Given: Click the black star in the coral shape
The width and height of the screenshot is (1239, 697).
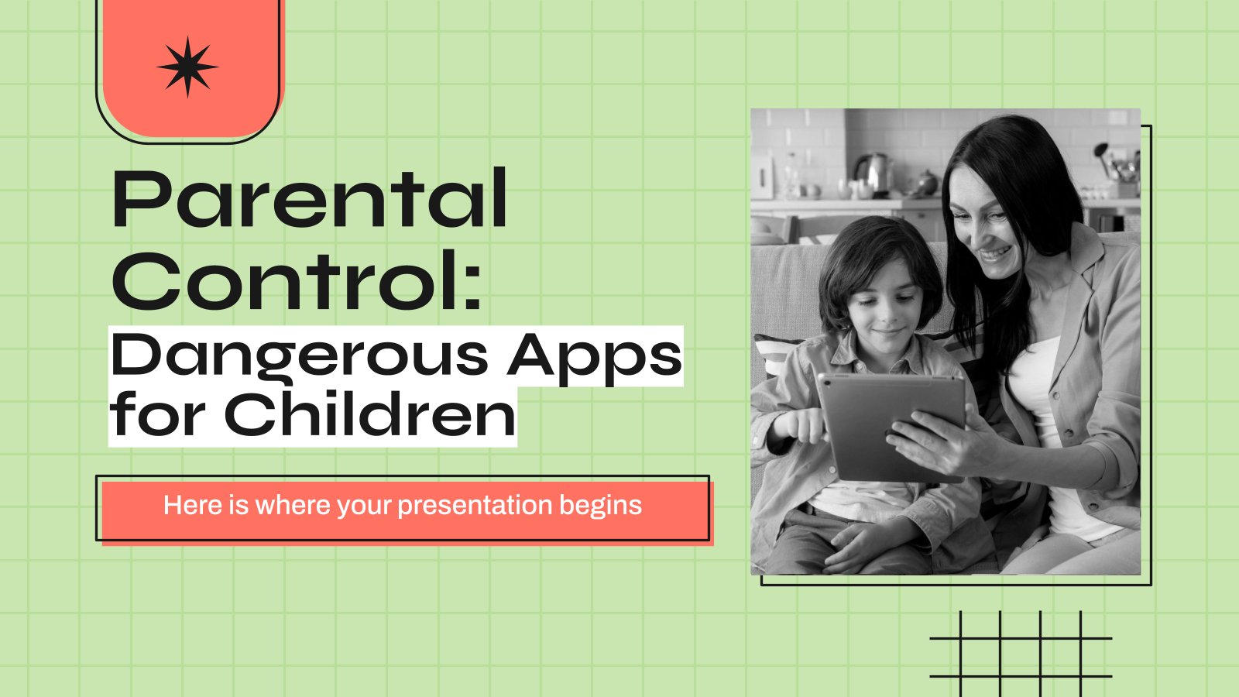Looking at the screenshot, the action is point(187,67).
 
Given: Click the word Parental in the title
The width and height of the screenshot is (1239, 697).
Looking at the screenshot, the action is point(309,198).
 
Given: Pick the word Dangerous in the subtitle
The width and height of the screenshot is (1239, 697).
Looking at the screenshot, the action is point(299,358).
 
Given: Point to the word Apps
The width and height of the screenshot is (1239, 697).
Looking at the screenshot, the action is point(595,358).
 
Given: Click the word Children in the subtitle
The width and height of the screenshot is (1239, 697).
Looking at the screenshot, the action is point(369,414).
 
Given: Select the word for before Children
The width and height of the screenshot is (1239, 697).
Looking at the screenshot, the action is point(157,414).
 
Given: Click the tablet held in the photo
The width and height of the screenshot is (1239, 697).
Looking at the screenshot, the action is point(891,427).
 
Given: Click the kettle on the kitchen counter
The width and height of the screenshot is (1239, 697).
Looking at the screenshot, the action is point(873,175).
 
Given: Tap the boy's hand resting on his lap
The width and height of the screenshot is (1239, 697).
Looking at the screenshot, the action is point(863,545).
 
